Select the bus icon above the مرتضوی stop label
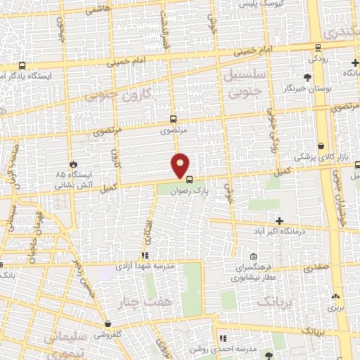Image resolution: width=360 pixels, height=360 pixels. (x=173, y=120)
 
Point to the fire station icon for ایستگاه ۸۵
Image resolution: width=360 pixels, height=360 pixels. (x=72, y=164)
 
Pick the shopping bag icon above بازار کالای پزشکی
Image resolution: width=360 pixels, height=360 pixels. (x=321, y=146)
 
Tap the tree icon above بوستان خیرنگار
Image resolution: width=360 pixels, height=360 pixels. (x=307, y=78)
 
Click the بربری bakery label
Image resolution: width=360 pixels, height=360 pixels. (x=335, y=307)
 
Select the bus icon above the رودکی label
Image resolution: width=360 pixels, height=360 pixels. (x=319, y=48)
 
